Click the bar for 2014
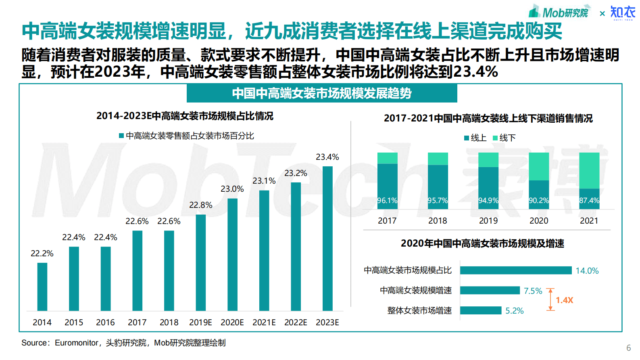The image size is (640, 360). (x=42, y=287)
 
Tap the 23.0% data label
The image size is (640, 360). (x=232, y=189)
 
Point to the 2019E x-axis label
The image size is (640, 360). (x=200, y=322)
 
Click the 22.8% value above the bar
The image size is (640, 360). (x=200, y=205)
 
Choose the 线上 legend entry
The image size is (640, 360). (x=475, y=138)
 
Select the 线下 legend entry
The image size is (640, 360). (x=504, y=138)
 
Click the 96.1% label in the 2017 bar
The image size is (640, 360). (x=387, y=201)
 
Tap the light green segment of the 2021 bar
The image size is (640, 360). (x=589, y=170)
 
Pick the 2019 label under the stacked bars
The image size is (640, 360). (x=488, y=221)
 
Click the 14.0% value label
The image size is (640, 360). (x=587, y=271)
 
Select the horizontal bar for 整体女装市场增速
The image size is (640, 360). (x=480, y=310)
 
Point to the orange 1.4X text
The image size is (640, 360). (x=564, y=300)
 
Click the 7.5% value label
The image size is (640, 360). (x=533, y=291)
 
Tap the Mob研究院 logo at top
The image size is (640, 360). (x=559, y=12)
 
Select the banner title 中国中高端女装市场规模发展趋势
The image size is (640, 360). (x=321, y=93)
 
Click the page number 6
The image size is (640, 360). (x=628, y=348)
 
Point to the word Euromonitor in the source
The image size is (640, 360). (x=76, y=343)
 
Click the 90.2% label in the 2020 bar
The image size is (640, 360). (x=538, y=201)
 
